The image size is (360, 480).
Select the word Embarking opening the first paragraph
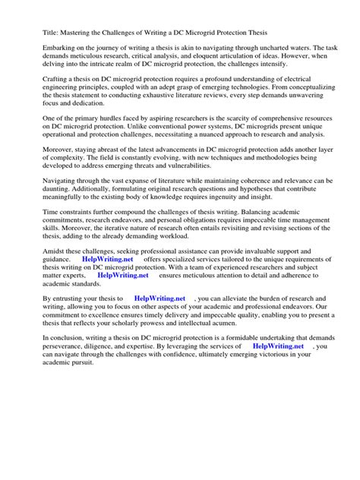click(42, 49)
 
